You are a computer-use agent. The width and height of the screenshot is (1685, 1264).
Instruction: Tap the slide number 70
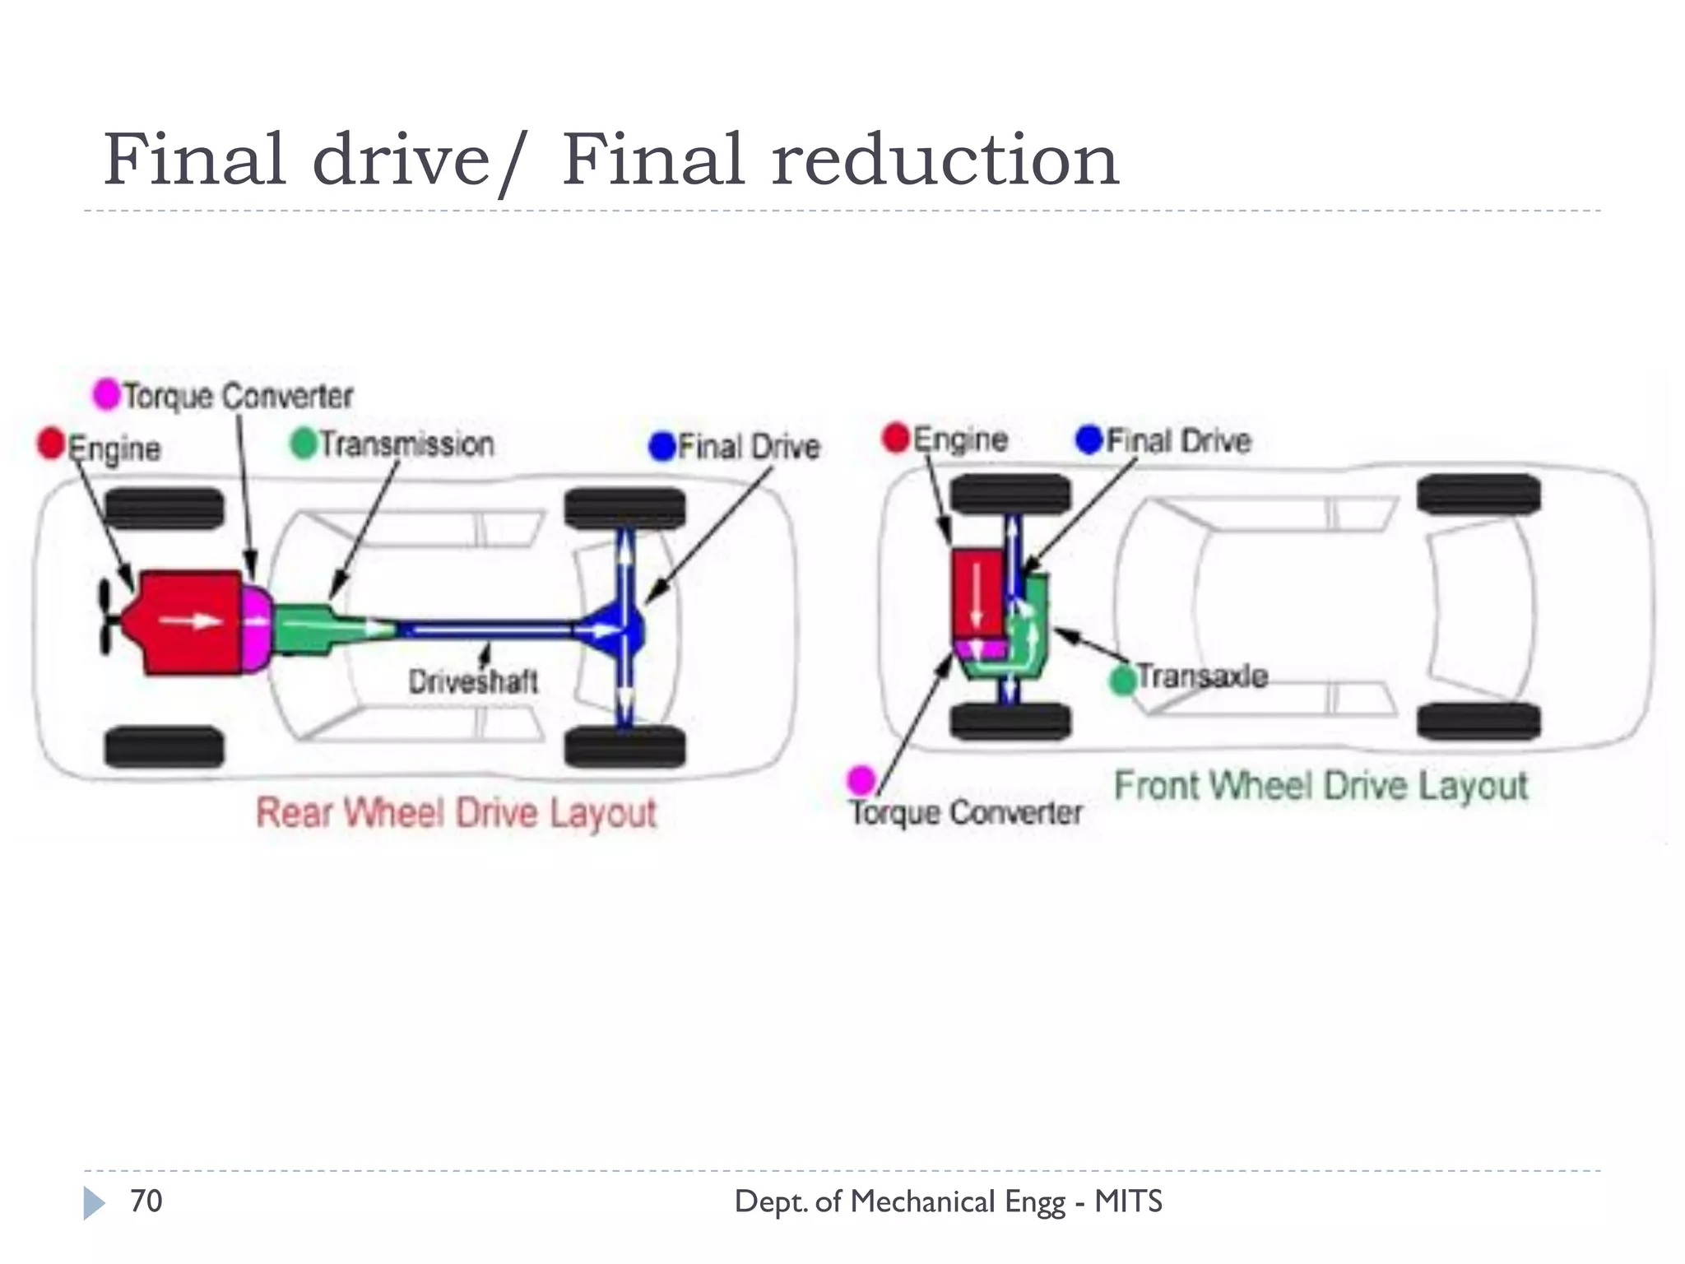click(x=146, y=1201)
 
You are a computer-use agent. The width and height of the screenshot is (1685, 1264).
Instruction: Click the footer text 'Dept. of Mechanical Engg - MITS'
click(x=948, y=1201)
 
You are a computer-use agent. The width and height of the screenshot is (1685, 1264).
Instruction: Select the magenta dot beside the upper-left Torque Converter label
click(x=107, y=394)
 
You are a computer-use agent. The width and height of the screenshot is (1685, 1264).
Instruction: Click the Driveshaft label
click(x=473, y=681)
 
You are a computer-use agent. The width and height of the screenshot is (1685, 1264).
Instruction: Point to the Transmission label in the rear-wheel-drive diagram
click(x=406, y=444)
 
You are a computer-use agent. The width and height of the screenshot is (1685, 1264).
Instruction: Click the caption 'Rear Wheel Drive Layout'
click(x=456, y=813)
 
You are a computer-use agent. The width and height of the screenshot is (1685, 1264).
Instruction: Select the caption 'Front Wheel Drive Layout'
click(x=1321, y=786)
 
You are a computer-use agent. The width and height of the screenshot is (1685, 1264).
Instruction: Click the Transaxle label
click(x=1202, y=676)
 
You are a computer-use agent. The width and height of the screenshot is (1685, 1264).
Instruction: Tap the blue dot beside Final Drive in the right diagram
click(x=1089, y=439)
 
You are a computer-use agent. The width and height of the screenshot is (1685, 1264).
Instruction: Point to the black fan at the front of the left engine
click(x=105, y=617)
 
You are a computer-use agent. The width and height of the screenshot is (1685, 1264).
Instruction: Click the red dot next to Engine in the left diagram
click(x=51, y=444)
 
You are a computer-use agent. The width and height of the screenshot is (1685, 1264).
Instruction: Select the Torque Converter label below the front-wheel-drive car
click(x=966, y=813)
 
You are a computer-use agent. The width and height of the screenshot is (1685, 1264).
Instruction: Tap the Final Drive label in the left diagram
click(x=749, y=447)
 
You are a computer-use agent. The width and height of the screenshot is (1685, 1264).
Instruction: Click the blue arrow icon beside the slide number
click(x=94, y=1203)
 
